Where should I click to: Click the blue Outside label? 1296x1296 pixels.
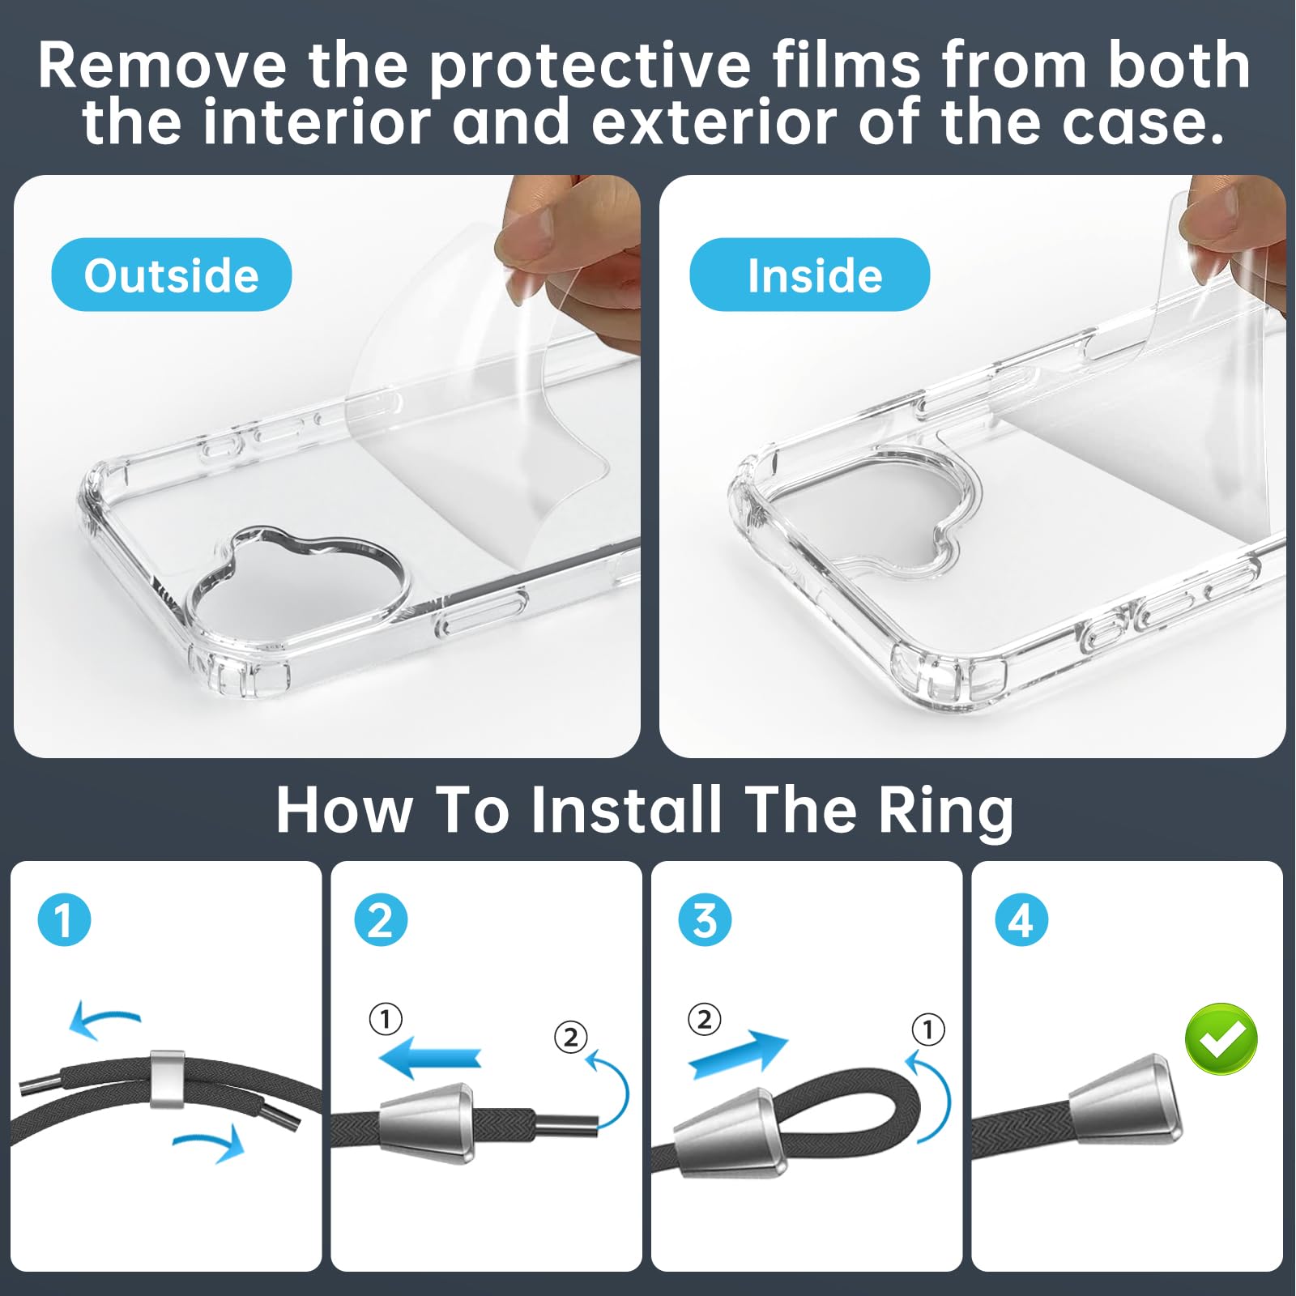(171, 275)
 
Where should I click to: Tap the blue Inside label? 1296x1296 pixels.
(809, 275)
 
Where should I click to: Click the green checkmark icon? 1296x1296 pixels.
(1221, 1038)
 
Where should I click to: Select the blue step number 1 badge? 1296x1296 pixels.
(64, 919)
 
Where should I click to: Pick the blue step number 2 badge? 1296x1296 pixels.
(381, 919)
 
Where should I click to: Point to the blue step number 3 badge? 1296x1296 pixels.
(705, 919)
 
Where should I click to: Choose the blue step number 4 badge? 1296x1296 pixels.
(1021, 919)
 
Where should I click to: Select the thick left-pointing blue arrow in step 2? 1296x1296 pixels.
(430, 1058)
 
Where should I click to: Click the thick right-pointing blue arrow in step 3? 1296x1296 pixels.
(738, 1052)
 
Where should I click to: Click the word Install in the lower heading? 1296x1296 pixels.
(626, 810)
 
